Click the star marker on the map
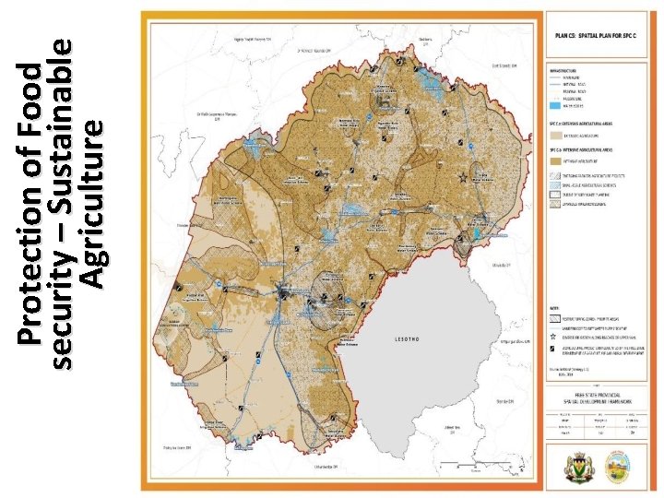462,174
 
